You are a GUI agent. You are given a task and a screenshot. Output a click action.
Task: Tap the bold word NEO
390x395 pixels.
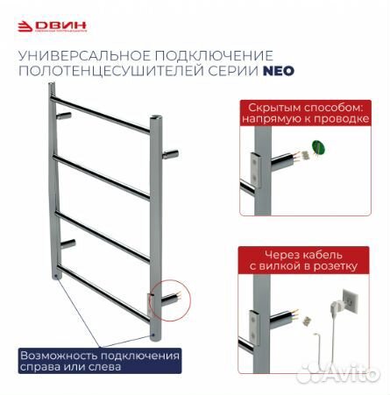(279, 74)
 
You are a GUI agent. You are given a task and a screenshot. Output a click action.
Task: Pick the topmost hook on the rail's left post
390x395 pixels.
(63, 115)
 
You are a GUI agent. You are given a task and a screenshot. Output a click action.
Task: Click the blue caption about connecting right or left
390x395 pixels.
(101, 361)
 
